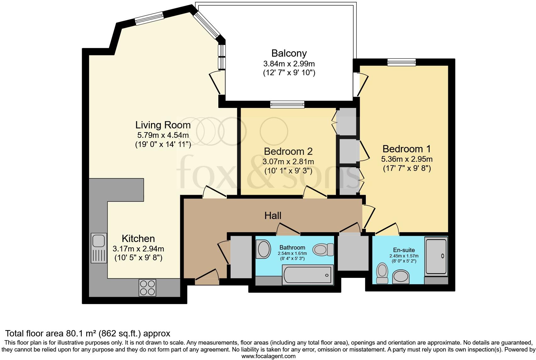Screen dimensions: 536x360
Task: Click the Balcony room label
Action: point(289,53)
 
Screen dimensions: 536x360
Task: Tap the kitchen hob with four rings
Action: point(148,288)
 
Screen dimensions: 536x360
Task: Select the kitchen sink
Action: point(98,248)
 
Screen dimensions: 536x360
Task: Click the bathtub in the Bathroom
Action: point(308,275)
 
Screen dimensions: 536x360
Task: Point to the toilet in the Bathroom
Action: point(323,250)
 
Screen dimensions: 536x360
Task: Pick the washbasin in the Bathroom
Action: point(263,249)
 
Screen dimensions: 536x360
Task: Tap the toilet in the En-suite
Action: point(382,273)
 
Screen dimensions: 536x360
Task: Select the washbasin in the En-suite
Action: point(401,277)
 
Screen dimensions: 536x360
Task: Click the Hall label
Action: point(273,216)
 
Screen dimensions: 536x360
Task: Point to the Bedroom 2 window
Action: point(287,104)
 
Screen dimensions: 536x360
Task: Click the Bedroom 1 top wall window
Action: point(401,62)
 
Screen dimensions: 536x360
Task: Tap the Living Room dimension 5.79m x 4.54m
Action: point(163,135)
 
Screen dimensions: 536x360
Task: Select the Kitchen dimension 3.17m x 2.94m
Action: point(138,249)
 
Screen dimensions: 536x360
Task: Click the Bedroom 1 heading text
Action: point(406,149)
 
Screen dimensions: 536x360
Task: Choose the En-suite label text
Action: point(404,250)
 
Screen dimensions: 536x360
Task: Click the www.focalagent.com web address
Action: point(269,356)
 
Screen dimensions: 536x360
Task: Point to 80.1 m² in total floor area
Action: point(81,334)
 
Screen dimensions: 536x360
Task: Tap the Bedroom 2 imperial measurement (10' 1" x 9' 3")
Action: point(288,171)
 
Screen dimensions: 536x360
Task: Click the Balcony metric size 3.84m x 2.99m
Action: point(289,64)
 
